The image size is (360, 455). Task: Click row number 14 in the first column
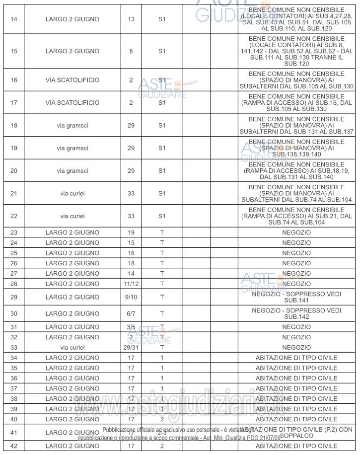click(x=13, y=20)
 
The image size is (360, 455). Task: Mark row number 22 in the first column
click(x=13, y=216)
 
